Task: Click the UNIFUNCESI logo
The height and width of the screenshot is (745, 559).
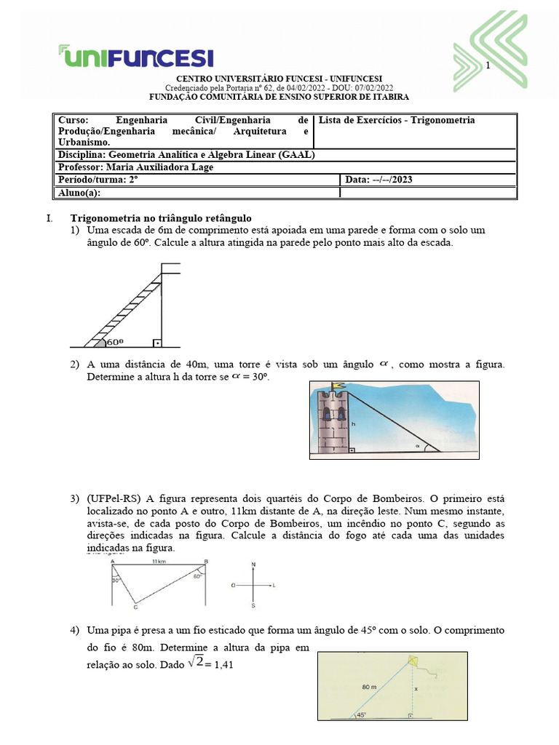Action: click(135, 56)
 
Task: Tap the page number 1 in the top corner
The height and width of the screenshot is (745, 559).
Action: click(488, 66)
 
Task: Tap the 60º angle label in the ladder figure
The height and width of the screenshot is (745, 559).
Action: click(114, 340)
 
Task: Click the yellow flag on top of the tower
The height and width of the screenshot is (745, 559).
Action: click(337, 386)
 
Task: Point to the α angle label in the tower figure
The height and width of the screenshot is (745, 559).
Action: click(418, 445)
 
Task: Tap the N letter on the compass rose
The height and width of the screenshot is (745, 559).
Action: click(253, 564)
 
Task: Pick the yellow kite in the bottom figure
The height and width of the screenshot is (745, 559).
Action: click(413, 661)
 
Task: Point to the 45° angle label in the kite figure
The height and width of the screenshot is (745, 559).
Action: click(362, 715)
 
